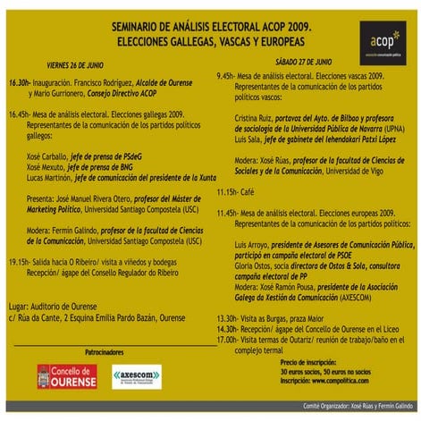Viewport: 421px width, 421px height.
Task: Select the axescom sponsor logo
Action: coord(139,375)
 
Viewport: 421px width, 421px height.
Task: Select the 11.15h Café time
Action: coord(229,192)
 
